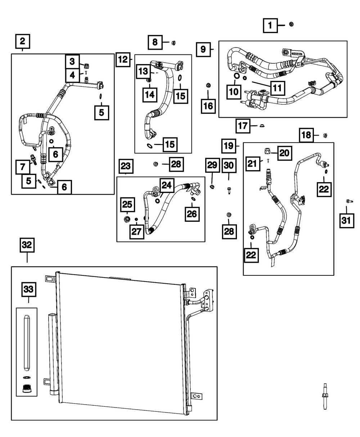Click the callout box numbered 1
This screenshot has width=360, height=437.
pos(270,25)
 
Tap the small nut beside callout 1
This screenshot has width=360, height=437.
pos(291,24)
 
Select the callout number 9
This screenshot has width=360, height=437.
pos(203,49)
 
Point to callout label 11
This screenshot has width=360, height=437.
pos(274,87)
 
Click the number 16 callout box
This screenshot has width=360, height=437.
pos(208,105)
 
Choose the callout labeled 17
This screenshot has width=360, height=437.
pos(243,126)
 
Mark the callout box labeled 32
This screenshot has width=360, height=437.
pos(27,245)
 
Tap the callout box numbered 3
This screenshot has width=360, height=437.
pos(72,61)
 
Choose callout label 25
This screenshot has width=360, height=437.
pos(127,205)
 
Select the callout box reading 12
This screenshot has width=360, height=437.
pos(123,59)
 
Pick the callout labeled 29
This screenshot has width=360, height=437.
pos(212,166)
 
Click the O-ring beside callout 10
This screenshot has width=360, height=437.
pos(236,76)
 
